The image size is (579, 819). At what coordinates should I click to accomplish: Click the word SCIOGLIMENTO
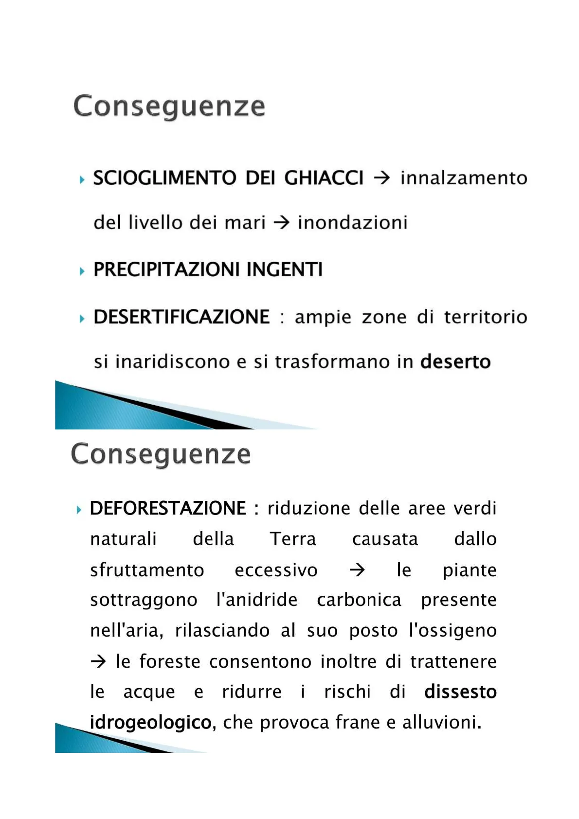click(164, 178)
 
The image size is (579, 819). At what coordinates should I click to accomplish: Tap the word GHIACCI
click(324, 178)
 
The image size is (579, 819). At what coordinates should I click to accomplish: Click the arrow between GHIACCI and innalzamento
click(382, 178)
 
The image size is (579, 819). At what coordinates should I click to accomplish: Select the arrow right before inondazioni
click(282, 223)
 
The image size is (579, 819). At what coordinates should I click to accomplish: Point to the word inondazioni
click(353, 223)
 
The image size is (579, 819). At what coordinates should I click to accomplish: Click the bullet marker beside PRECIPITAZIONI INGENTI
click(82, 271)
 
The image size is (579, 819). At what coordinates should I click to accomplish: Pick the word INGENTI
click(285, 269)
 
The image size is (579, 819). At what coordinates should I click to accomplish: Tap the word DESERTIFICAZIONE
click(181, 317)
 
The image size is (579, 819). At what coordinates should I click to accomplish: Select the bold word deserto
click(455, 362)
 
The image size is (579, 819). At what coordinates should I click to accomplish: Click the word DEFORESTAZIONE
click(168, 508)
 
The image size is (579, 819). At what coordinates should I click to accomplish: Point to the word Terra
click(293, 539)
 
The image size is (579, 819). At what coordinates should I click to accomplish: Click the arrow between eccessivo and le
click(357, 570)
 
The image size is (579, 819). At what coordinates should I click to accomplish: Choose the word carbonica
click(359, 600)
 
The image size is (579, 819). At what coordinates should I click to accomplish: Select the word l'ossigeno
click(452, 631)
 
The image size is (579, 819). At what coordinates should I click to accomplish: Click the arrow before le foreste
click(98, 661)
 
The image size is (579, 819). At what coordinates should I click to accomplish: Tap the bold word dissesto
click(460, 692)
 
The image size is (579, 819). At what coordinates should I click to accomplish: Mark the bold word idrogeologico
click(151, 723)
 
